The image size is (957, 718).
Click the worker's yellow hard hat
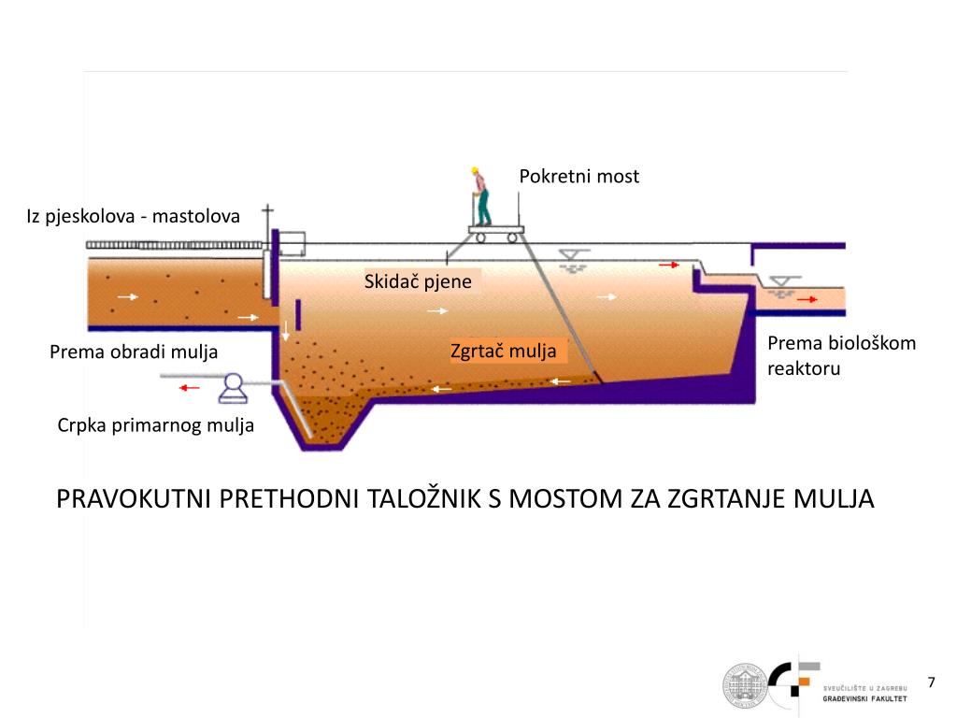(475, 170)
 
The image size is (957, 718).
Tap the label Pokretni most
(578, 177)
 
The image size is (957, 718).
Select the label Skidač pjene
(418, 281)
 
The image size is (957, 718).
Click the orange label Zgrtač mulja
(504, 351)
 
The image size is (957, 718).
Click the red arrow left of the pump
(190, 386)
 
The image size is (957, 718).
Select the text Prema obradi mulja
(133, 352)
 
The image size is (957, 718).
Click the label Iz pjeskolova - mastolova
(133, 216)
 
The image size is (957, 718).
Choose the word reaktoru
(804, 368)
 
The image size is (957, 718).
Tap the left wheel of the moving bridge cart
(478, 237)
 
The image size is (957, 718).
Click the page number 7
(931, 682)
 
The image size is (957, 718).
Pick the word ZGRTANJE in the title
(729, 498)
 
